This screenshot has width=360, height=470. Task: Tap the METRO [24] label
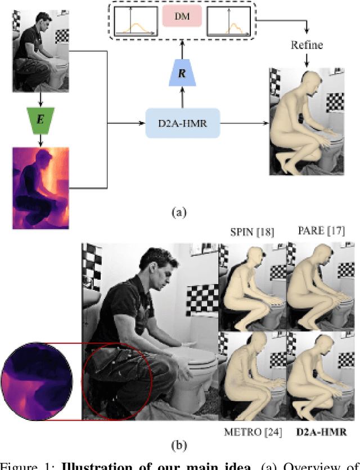(x=251, y=432)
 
